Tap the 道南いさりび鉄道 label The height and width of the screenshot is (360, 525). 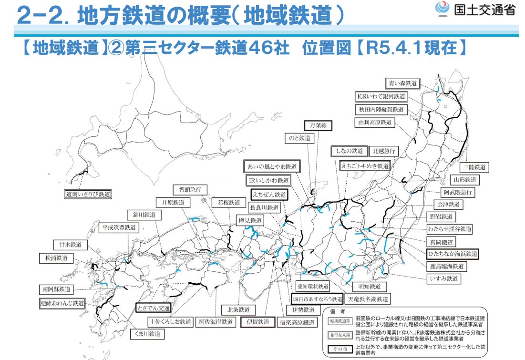coord(88,194)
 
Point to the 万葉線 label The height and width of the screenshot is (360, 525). coord(318,125)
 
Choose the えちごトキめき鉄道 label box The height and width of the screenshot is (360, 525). coord(365,165)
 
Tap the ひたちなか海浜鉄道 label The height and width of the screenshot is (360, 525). coord(453,254)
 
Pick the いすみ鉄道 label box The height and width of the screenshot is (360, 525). coord(444,278)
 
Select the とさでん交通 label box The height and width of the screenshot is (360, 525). coord(153,308)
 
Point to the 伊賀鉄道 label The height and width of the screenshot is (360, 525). coord(258,322)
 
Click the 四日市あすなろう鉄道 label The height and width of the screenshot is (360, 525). coord(317,299)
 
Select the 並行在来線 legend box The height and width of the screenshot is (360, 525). coord(339,335)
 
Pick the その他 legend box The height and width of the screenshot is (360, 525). coord(339,350)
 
